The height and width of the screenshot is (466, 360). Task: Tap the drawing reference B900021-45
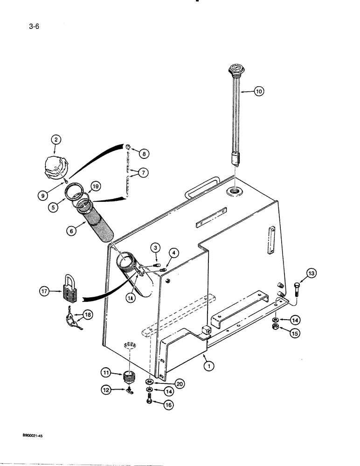click(x=35, y=435)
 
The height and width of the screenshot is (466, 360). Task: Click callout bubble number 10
click(x=259, y=92)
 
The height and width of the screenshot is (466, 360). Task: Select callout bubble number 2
click(x=55, y=139)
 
